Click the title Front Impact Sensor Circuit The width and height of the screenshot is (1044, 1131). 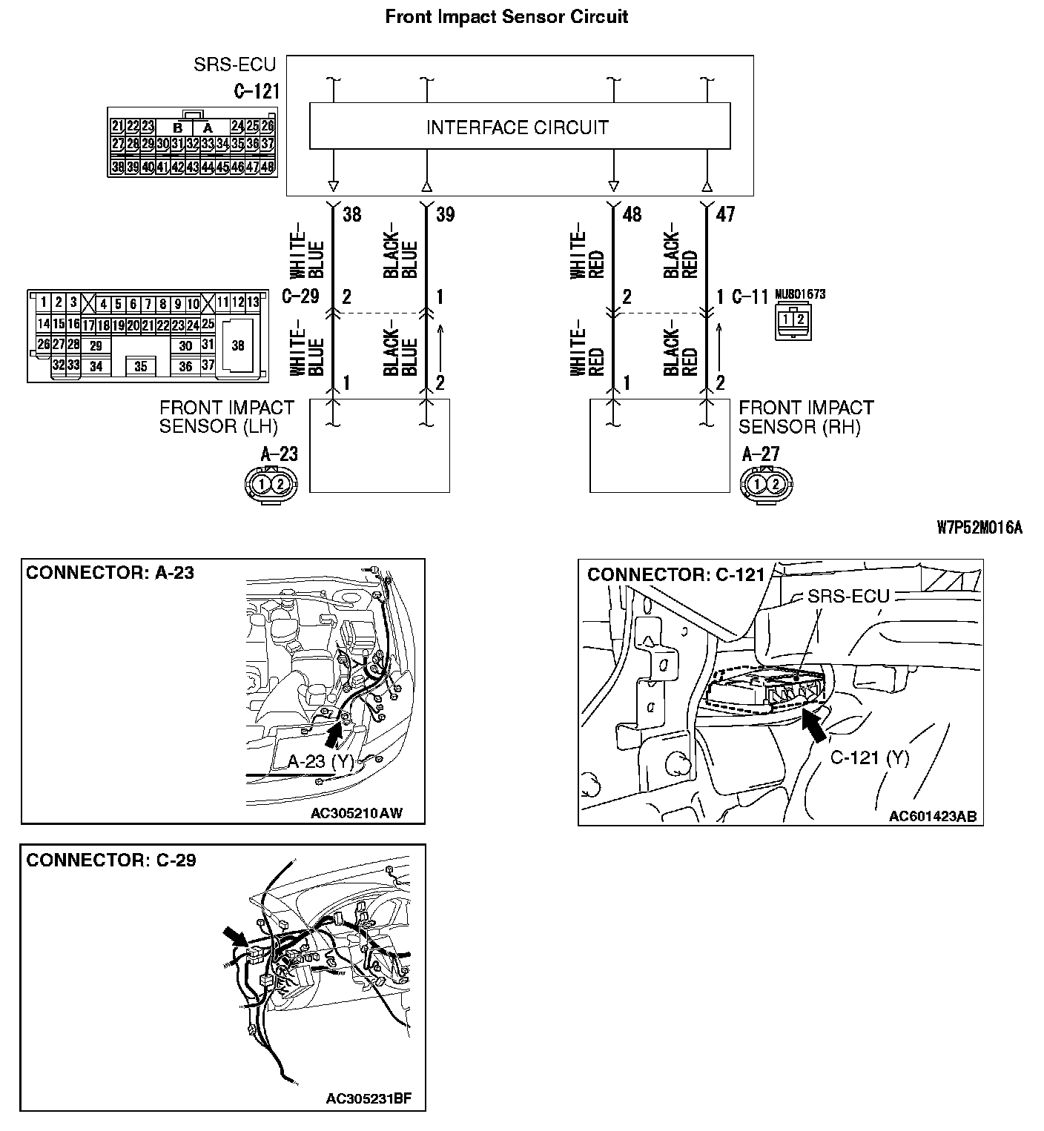click(x=506, y=17)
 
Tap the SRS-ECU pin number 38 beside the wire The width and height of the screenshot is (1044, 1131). click(x=352, y=215)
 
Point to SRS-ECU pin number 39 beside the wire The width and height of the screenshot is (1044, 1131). click(x=446, y=215)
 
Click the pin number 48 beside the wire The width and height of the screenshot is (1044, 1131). click(x=632, y=215)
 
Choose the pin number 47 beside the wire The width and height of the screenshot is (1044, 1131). click(x=725, y=215)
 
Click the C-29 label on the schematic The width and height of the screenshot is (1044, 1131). click(x=300, y=297)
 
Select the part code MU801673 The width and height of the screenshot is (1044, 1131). click(x=799, y=294)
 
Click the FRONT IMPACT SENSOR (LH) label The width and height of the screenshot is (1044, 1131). click(x=227, y=417)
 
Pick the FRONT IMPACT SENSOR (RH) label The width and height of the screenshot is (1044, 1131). click(x=806, y=417)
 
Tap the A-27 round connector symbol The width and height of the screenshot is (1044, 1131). click(x=765, y=485)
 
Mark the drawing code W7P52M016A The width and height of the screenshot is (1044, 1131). click(x=979, y=528)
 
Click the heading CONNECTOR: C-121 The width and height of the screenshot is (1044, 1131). click(x=675, y=575)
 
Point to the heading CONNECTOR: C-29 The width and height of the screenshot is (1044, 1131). click(x=111, y=860)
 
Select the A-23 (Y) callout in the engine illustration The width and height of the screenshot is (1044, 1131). click(x=320, y=761)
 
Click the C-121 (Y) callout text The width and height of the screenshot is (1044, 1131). click(x=869, y=757)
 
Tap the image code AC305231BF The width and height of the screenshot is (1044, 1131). click(x=369, y=1098)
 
